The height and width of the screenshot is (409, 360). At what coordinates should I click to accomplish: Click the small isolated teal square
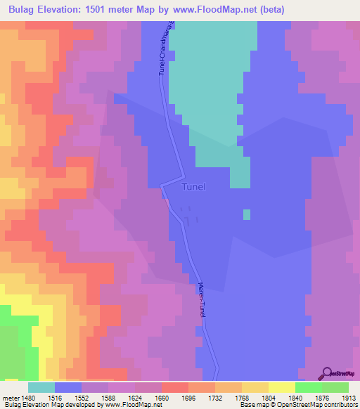point(246,214)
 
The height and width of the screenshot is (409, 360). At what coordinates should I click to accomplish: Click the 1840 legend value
point(295,397)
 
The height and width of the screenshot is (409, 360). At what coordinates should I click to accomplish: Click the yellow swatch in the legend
point(281,387)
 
